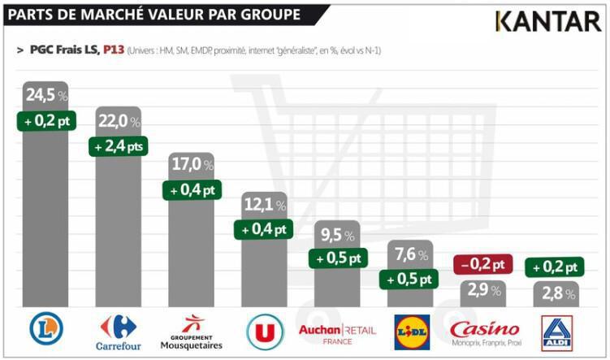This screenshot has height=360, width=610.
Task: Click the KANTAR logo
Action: pyautogui.click(x=548, y=20)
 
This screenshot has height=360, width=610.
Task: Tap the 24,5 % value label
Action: pyautogui.click(x=45, y=96)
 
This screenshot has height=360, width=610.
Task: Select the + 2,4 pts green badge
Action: pyautogui.click(x=118, y=146)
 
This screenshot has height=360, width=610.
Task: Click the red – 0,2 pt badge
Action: pyautogui.click(x=482, y=265)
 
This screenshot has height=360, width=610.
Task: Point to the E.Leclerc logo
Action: pyautogui.click(x=45, y=328)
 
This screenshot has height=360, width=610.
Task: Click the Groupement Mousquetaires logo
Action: pyautogui.click(x=191, y=331)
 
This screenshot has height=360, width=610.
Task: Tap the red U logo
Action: pyautogui.click(x=264, y=331)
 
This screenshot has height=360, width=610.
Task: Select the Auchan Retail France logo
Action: pyautogui.click(x=337, y=332)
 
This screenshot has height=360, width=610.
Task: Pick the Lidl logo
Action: pyautogui.click(x=412, y=331)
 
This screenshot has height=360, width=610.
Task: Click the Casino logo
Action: pyautogui.click(x=485, y=331)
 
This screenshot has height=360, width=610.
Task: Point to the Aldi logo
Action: pyautogui.click(x=557, y=331)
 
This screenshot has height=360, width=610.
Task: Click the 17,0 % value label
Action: pyautogui.click(x=192, y=165)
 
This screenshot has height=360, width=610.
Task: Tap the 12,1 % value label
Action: pyautogui.click(x=265, y=205)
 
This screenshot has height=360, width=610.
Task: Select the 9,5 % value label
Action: pyautogui.click(x=338, y=236)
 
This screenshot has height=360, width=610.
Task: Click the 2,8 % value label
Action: pyautogui.click(x=557, y=293)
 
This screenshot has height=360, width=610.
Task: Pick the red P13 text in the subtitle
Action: pyautogui.click(x=113, y=50)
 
